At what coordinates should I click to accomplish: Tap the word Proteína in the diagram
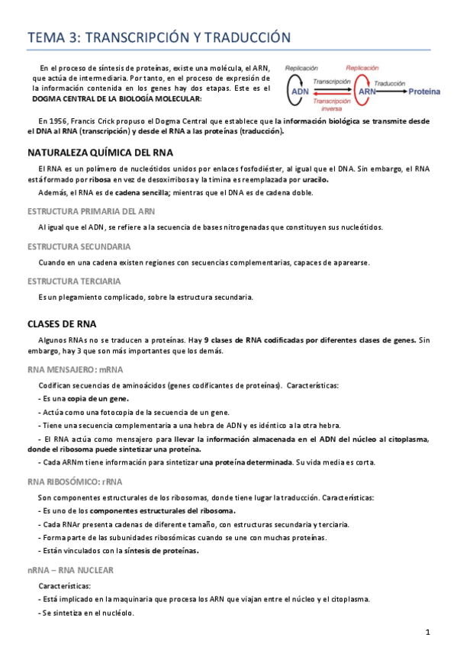[424, 92]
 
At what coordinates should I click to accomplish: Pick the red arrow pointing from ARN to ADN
[332, 96]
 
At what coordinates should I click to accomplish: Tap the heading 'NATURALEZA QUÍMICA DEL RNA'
[100, 152]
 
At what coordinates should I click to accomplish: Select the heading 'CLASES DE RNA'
[62, 323]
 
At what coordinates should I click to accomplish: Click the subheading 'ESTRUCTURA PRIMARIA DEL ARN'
[92, 211]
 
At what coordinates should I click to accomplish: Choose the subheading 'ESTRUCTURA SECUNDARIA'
[79, 246]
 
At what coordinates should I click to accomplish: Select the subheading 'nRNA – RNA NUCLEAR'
[70, 570]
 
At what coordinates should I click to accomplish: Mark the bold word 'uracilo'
[315, 179]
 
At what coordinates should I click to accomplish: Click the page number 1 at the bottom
[428, 632]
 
